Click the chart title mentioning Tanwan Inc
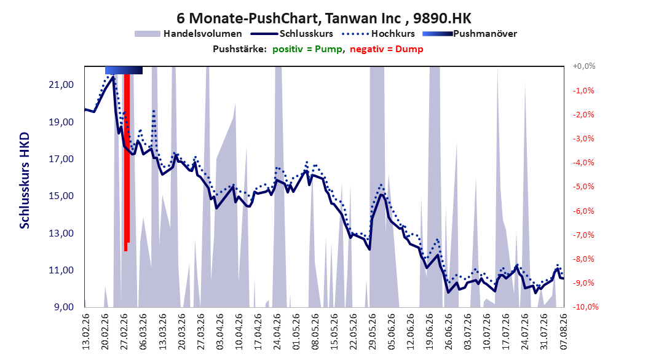323,18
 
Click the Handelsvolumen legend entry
189,34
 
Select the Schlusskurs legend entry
293,34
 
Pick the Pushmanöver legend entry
470,34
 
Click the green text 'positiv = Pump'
307,49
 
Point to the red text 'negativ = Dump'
387,49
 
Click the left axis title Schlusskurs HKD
25,181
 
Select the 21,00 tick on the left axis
61,85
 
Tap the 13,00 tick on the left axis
61,233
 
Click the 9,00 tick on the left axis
64,307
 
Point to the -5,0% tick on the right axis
583,187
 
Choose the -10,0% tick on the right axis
585,307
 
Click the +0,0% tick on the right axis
584,66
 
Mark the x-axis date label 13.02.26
86,332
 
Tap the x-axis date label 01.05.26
296,332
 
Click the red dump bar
127,162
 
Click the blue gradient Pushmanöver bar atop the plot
124,70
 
